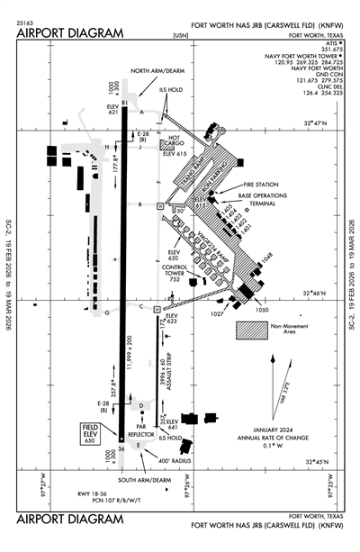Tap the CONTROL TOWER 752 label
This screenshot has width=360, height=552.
tap(175, 274)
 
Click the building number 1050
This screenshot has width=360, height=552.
tap(262, 309)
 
